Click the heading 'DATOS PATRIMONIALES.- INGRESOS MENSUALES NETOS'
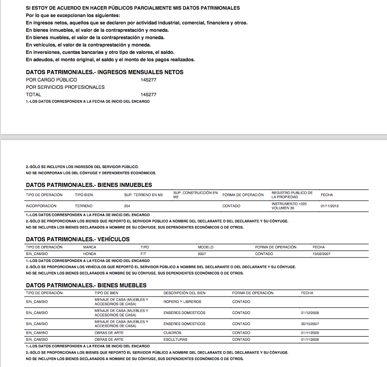105,72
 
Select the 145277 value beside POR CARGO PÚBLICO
148,80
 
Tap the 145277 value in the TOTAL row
148,94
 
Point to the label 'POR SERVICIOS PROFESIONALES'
65,87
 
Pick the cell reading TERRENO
84,206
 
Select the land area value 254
127,206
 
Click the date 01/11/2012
330,206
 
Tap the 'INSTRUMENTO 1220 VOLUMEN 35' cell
289,206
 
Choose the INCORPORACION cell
41,206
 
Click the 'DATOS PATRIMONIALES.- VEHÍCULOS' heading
78,239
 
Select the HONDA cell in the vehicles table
90,254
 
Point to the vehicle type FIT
144,254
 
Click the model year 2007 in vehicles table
202,254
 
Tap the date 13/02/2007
321,254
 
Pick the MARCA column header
90,247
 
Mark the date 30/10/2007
310,324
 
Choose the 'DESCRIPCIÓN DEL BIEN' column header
184,293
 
